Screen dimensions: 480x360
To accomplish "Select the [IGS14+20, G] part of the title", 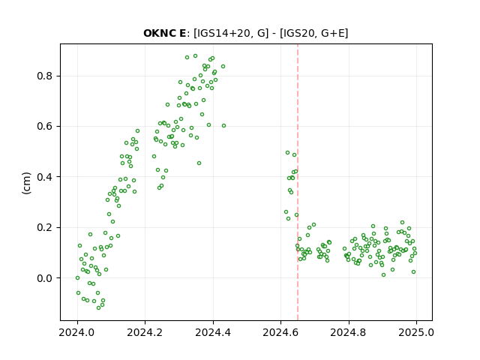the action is pyautogui.click(x=231, y=33).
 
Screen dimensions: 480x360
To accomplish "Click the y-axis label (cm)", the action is pyautogui.click(x=27, y=183).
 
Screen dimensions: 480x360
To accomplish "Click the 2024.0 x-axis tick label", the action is pyautogui.click(x=77, y=332).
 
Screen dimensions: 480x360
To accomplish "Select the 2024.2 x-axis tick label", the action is pyautogui.click(x=145, y=332).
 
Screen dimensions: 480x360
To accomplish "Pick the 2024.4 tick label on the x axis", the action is pyautogui.click(x=213, y=332).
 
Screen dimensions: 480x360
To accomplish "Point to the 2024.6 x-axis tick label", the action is pyautogui.click(x=280, y=332).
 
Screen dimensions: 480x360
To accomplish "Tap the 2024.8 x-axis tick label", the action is pyautogui.click(x=348, y=332).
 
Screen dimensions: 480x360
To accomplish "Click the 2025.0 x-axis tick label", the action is pyautogui.click(x=416, y=332).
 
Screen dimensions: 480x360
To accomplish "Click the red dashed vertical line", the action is pyautogui.click(x=298, y=182).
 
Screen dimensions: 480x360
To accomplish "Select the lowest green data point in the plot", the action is pyautogui.click(x=98, y=307).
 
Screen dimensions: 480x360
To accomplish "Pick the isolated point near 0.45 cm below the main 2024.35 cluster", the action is pyautogui.click(x=199, y=163).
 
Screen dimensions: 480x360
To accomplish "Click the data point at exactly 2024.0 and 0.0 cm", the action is pyautogui.click(x=77, y=278).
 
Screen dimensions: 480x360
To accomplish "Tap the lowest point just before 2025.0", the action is pyautogui.click(x=413, y=271).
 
